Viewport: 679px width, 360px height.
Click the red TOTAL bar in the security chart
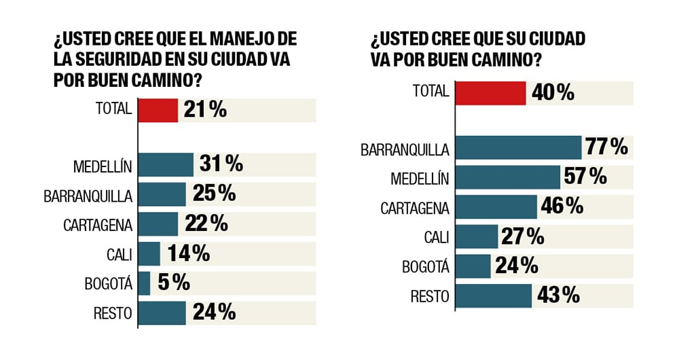(158, 110)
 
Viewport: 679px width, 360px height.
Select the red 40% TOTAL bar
(490, 93)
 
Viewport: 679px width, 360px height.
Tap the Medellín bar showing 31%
(166, 164)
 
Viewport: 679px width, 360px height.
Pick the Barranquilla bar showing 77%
(518, 147)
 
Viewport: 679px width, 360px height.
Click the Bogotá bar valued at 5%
(144, 283)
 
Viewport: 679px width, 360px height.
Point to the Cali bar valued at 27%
(477, 236)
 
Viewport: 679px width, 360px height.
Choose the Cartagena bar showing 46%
(496, 206)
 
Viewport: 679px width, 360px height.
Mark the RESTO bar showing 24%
(162, 312)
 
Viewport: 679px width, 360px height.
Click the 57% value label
(584, 177)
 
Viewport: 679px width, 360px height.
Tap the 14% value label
(187, 253)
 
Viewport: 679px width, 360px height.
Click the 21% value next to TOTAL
(204, 110)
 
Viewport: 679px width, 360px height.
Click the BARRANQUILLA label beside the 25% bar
(88, 195)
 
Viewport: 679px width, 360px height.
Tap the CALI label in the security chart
(117, 254)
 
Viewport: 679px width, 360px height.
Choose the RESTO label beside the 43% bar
(429, 296)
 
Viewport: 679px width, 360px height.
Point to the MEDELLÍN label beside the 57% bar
(420, 178)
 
